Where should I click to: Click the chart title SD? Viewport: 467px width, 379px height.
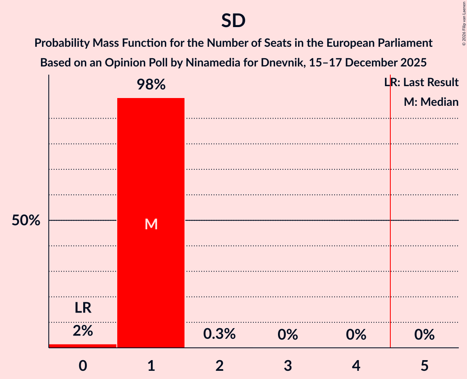(x=233, y=21)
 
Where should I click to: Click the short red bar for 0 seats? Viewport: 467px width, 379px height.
(x=83, y=346)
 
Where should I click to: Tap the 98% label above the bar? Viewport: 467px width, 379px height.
(x=151, y=85)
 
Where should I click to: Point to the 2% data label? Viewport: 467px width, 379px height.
(x=83, y=331)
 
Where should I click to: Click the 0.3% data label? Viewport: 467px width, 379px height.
(x=219, y=334)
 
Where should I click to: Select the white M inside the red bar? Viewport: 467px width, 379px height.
(x=151, y=224)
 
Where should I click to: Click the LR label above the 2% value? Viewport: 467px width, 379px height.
(x=83, y=308)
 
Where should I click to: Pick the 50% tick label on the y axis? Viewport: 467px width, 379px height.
(x=26, y=221)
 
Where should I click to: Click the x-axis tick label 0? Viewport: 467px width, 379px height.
(x=83, y=365)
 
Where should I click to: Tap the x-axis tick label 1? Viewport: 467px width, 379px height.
(x=151, y=365)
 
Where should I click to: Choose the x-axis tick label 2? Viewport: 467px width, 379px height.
(x=219, y=365)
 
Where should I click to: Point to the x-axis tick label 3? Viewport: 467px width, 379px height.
(x=287, y=365)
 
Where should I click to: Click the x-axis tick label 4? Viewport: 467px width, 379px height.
(x=356, y=365)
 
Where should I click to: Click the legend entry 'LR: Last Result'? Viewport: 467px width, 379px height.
(x=421, y=82)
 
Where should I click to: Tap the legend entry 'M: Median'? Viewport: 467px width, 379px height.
(x=431, y=102)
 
